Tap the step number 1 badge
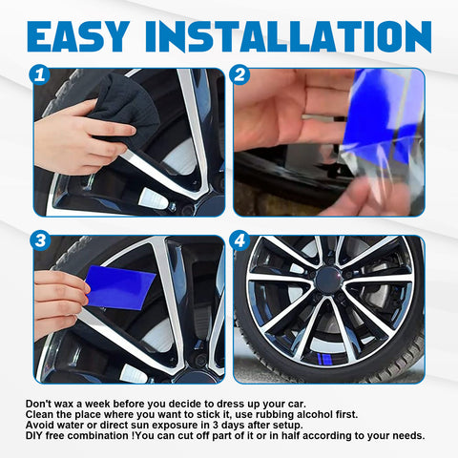click(40, 73)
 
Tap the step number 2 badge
click(239, 73)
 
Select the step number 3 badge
click(40, 240)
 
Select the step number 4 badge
click(239, 240)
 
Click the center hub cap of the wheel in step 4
click(329, 278)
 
